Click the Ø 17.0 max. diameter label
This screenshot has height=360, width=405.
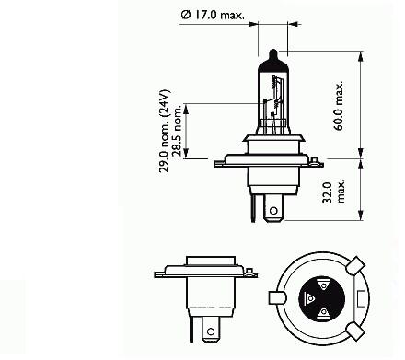point(213,15)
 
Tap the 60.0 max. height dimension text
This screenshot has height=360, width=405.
point(339,106)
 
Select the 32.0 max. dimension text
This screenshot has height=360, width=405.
point(333,192)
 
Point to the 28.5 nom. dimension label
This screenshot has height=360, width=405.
point(178,132)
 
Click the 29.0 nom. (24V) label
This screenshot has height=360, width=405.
point(164,131)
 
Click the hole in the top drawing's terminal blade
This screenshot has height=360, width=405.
point(273,211)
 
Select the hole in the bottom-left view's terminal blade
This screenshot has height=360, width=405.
point(211,331)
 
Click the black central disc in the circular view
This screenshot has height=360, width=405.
point(321,298)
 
